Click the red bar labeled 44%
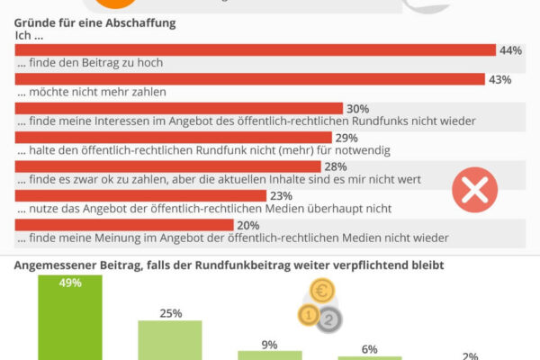[x=256, y=50]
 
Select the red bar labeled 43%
[x=252, y=79]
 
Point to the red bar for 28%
[x=167, y=166]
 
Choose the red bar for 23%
[x=140, y=195]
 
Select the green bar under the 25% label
[x=171, y=339]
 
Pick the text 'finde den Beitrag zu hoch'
[x=91, y=64]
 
